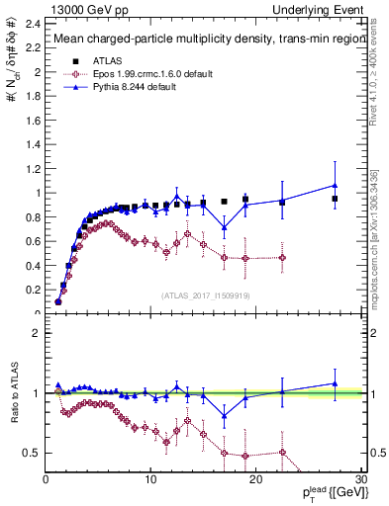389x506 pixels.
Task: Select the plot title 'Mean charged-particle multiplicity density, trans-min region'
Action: (x=202, y=40)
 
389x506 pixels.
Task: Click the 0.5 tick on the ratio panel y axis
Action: (x=33, y=453)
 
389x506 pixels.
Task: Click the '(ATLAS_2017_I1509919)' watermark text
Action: (x=204, y=294)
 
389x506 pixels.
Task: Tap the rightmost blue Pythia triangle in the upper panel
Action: (x=335, y=185)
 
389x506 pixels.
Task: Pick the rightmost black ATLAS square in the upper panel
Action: (x=335, y=199)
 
